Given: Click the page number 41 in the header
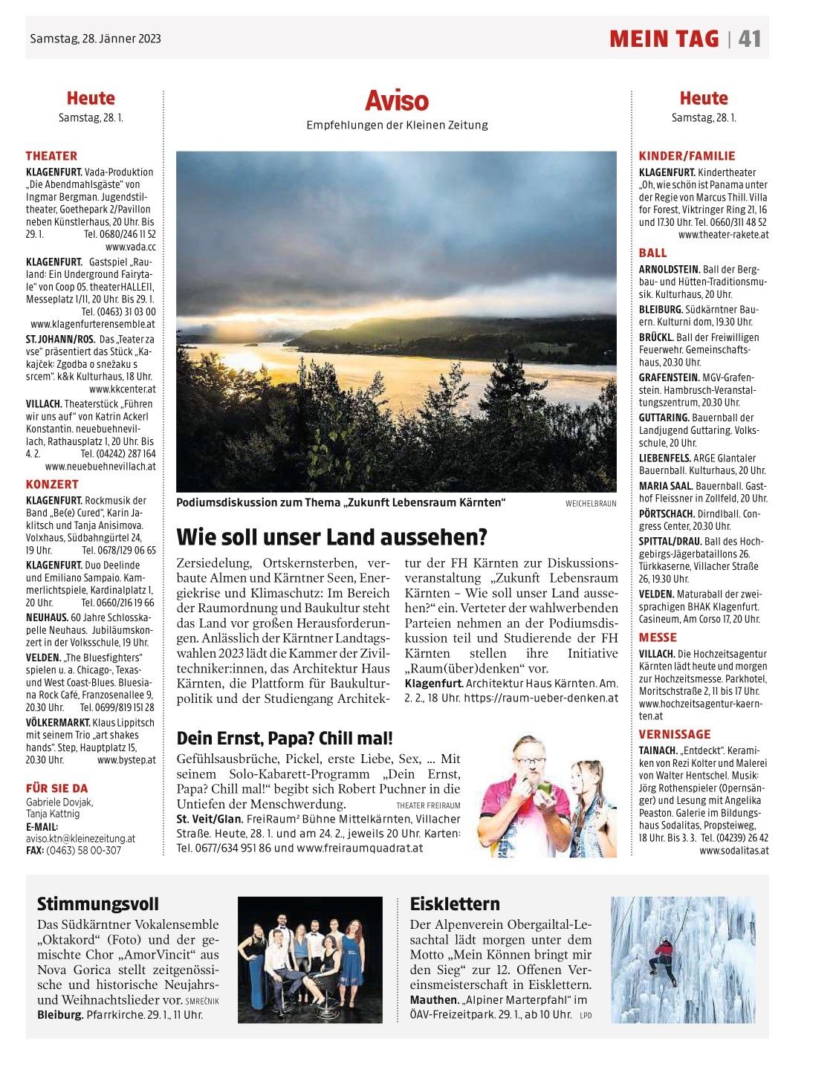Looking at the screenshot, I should click(749, 39).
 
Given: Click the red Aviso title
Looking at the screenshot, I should click(397, 100).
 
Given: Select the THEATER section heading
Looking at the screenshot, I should click(51, 156).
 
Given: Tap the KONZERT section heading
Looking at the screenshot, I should click(52, 484).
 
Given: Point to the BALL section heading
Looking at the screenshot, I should click(653, 253).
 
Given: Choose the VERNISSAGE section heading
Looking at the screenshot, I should click(675, 734).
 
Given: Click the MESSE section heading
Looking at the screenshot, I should click(658, 638).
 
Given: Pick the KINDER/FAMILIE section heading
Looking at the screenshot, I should click(687, 156).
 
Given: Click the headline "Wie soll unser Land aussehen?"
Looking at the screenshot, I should click(331, 536).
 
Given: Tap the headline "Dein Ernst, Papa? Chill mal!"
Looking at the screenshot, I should click(285, 739).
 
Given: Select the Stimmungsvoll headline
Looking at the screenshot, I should click(98, 904).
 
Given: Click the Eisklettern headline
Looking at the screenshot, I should click(455, 904).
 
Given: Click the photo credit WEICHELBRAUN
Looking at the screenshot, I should click(591, 504).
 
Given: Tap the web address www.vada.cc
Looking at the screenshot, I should click(131, 247).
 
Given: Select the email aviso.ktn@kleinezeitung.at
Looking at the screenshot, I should click(80, 838).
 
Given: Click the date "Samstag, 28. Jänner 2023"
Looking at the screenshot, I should click(95, 39).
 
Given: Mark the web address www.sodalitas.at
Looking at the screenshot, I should click(733, 851).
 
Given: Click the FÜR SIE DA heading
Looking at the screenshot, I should click(56, 788).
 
